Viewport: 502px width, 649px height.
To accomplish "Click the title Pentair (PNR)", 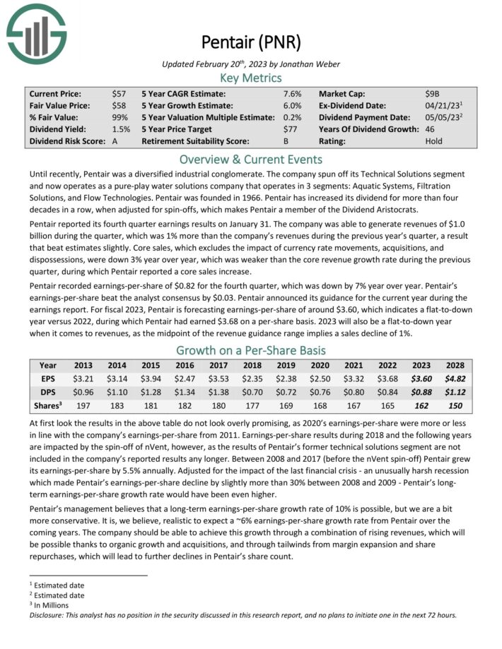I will tap(251, 42).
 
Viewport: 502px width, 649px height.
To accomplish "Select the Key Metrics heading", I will tap(251, 78).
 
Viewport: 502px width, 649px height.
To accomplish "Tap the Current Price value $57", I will tap(119, 93).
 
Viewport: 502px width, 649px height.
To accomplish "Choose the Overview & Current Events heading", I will tap(251, 159).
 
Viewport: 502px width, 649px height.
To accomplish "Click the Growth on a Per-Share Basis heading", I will tap(251, 351).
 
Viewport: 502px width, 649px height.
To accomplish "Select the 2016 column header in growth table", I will tap(185, 366).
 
